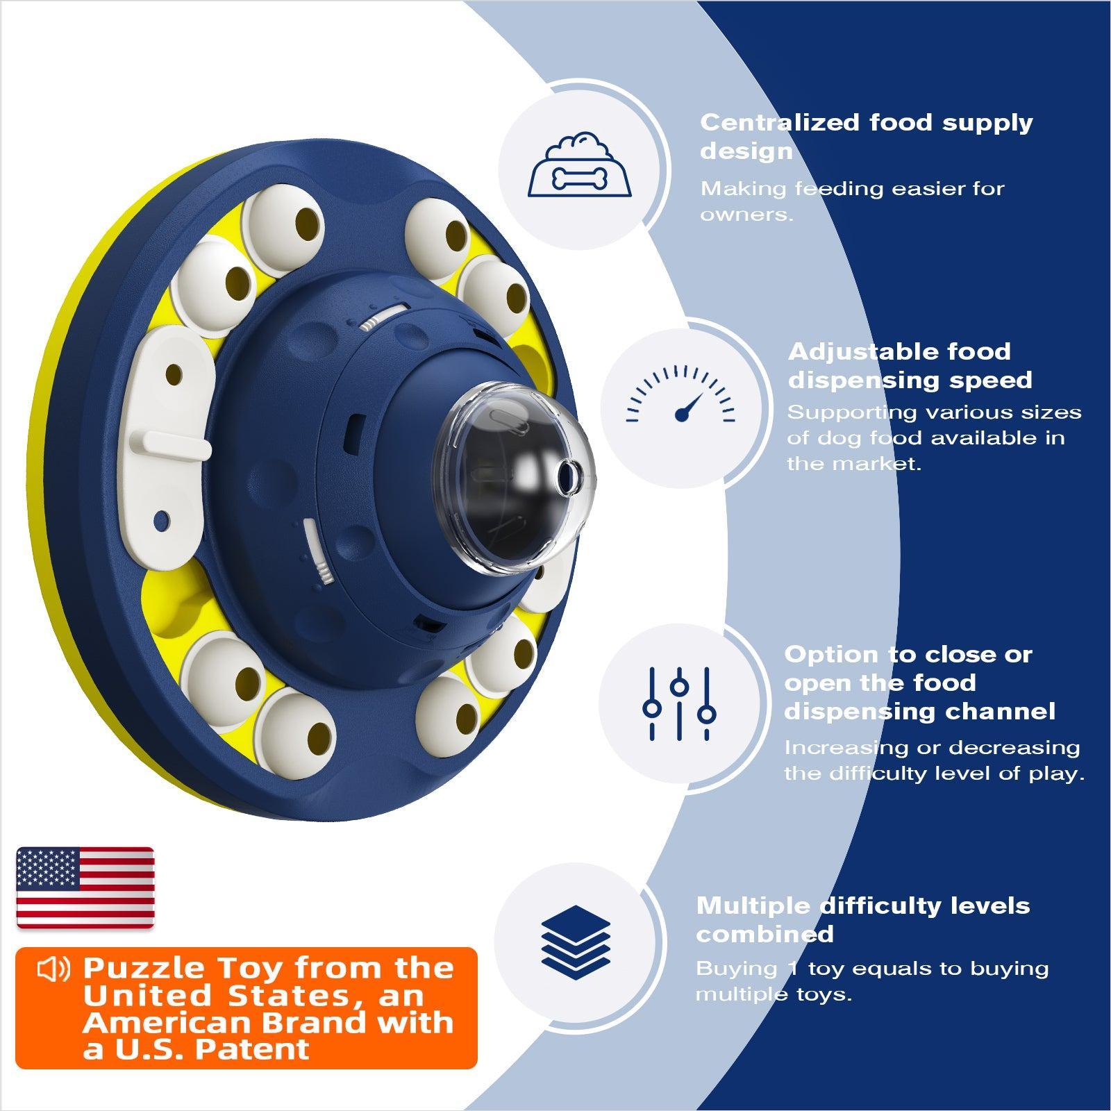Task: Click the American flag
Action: pos(85,887)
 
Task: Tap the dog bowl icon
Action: pos(580,165)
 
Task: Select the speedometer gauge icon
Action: pos(680,394)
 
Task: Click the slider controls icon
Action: pos(679,703)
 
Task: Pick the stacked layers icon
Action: pos(575,938)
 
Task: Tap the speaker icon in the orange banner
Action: pos(53,969)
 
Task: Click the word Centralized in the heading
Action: pos(780,123)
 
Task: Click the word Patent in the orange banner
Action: pos(251,1049)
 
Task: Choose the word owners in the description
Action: pos(746,215)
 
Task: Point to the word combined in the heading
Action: pos(765,934)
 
